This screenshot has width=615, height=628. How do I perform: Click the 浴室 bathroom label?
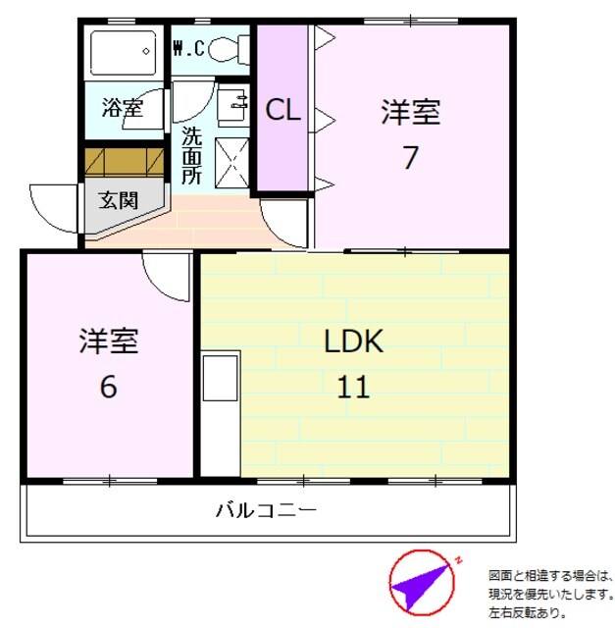tap(124, 107)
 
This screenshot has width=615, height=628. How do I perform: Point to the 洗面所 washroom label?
tap(190, 155)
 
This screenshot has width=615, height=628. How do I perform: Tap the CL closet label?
tap(282, 111)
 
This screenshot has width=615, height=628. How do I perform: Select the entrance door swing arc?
tap(56, 208)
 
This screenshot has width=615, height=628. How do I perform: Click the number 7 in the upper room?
tap(410, 157)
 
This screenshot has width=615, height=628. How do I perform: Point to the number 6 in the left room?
tap(108, 386)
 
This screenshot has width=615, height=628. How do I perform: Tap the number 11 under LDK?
tap(353, 387)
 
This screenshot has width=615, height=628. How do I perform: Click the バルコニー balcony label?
tap(266, 510)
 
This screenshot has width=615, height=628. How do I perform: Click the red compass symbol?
tap(422, 583)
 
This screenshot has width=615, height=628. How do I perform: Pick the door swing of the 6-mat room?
tap(167, 276)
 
